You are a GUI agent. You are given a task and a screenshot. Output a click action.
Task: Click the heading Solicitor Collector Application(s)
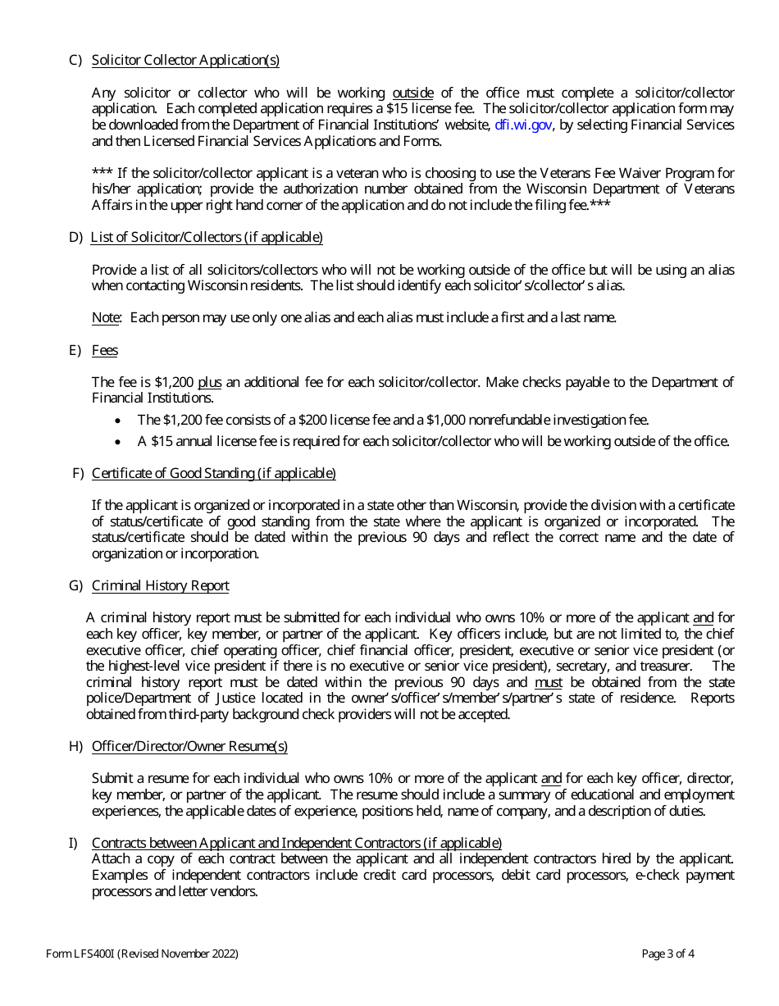(x=185, y=61)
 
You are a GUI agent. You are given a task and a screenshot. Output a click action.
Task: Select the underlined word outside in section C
(x=412, y=93)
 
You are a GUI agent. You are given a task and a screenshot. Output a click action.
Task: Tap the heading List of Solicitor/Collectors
(x=207, y=238)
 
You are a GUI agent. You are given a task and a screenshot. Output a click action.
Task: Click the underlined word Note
(x=106, y=318)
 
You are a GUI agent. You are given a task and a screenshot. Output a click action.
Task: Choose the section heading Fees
(x=105, y=351)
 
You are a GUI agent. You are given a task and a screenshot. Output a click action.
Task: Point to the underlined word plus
(x=210, y=382)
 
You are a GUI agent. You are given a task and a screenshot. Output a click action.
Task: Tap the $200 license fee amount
(x=312, y=421)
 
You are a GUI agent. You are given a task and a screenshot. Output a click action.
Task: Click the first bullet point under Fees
(x=120, y=421)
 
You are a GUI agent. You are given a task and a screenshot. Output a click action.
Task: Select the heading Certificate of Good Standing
(x=213, y=474)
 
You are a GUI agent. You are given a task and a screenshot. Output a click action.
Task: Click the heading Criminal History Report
(x=160, y=586)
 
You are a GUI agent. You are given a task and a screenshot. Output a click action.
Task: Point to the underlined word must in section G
(x=549, y=683)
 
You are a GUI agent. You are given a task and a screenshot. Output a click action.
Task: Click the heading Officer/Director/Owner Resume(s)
(x=189, y=747)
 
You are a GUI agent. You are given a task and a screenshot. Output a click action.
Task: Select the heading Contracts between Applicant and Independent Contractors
(x=296, y=844)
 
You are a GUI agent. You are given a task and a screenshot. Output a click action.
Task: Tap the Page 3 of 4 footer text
(x=668, y=954)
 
